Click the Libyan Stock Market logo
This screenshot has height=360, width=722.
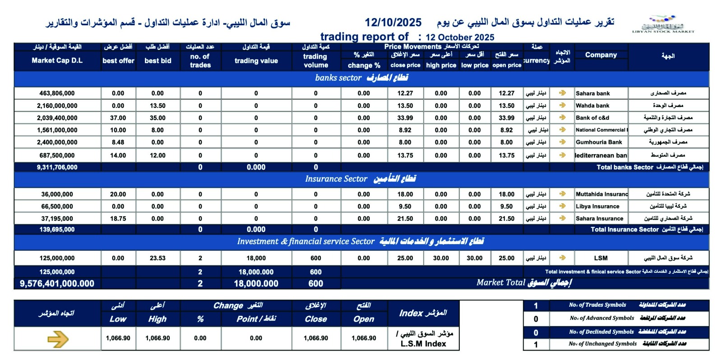point(662,24)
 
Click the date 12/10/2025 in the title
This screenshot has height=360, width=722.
point(393,23)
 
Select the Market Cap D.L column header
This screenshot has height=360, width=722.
point(57,60)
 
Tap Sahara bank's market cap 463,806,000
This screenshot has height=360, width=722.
point(57,93)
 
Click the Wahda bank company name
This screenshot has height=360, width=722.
point(592,106)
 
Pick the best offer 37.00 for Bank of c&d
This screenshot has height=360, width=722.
point(118,118)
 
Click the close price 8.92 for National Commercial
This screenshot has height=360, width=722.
point(405,130)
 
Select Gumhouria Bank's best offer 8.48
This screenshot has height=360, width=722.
point(118,142)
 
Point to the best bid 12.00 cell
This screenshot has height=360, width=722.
point(157,155)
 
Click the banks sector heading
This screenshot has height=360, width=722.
point(361,78)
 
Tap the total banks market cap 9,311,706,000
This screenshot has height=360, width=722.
point(57,167)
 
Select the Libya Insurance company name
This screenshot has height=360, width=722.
point(597,207)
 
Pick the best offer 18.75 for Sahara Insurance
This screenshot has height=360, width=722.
point(118,219)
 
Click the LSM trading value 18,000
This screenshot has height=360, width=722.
point(256,258)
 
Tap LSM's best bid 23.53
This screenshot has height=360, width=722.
point(157,258)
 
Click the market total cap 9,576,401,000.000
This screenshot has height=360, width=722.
point(57,284)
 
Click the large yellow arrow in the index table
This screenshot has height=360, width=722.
point(58,339)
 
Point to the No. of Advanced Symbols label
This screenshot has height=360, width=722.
point(602,318)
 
